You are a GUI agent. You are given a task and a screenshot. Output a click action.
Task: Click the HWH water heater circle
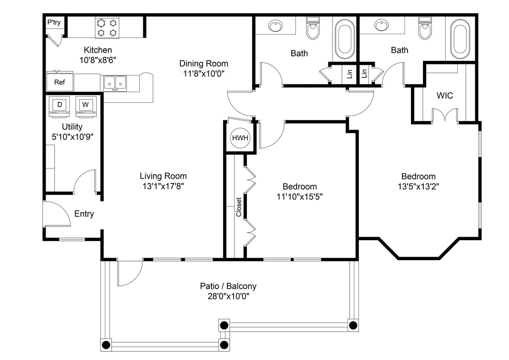point(240,138)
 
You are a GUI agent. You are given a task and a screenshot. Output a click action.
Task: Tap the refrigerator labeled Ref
point(59,82)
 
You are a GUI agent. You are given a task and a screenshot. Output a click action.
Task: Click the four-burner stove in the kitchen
point(107,28)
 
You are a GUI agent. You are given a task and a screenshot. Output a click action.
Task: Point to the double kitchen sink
point(115,82)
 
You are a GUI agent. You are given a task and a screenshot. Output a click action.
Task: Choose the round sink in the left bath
point(276,26)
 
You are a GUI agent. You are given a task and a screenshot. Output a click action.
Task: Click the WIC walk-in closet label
point(445,96)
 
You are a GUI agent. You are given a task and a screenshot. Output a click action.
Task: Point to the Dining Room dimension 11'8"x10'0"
point(203,73)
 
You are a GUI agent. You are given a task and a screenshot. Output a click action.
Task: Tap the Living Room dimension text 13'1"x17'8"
point(163,186)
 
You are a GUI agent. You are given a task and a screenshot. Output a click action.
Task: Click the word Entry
point(84,214)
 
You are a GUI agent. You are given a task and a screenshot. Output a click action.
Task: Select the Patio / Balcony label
point(228,286)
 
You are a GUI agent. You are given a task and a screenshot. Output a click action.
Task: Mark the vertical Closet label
point(239,207)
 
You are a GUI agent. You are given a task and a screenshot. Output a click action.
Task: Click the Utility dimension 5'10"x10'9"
point(72,137)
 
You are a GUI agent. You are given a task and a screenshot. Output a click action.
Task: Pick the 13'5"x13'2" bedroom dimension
point(418,186)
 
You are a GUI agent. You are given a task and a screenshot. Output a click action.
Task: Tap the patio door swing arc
point(130,273)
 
